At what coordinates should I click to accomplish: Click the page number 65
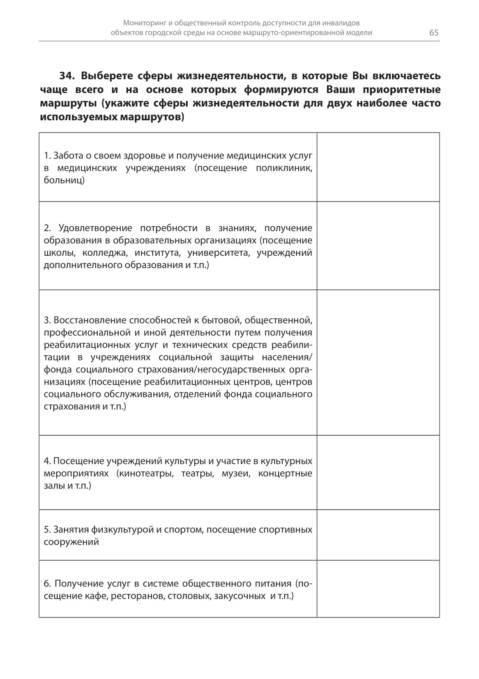(434, 33)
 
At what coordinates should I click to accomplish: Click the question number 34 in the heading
(66, 76)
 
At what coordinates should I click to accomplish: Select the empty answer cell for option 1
(378, 167)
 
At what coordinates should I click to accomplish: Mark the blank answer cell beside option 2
(378, 246)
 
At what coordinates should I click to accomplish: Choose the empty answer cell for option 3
(378, 362)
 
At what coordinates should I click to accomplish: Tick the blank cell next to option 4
(378, 473)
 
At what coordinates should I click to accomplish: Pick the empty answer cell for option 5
(378, 535)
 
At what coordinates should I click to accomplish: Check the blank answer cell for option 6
(378, 589)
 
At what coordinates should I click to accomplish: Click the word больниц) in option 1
(64, 180)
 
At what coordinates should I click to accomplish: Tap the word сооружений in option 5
(71, 542)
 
